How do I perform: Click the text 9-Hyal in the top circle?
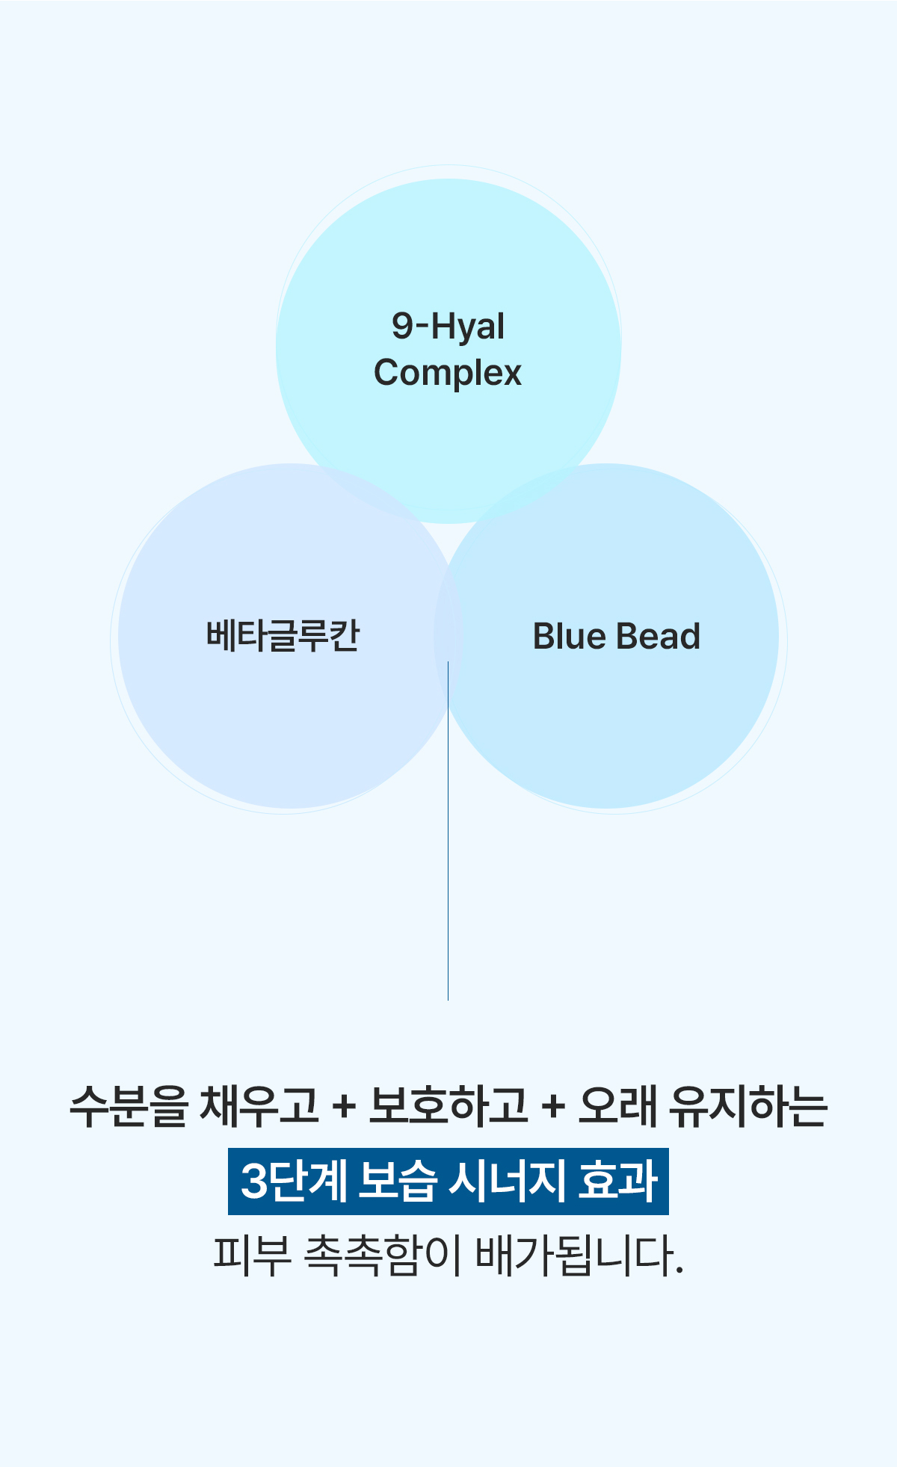point(449,327)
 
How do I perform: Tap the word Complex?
point(448,373)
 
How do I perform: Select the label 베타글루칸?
point(283,636)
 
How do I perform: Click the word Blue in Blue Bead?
point(569,637)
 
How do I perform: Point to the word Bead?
point(659,637)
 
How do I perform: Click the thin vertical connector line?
point(449,830)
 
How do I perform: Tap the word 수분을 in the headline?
point(128,1106)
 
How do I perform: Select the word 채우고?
point(259,1106)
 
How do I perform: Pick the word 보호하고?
point(448,1106)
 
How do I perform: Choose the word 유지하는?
point(749,1106)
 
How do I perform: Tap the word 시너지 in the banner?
point(506,1181)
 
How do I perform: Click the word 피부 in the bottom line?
point(252,1256)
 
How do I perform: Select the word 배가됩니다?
point(579,1256)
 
